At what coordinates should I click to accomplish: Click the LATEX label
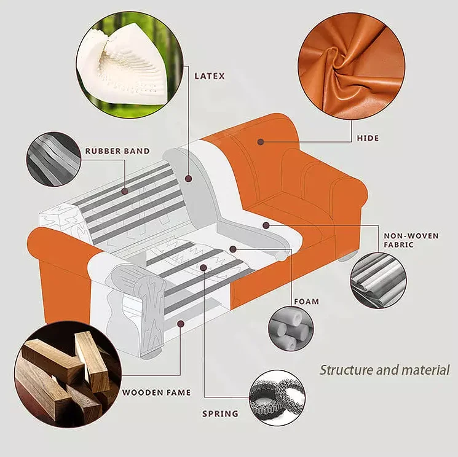210,76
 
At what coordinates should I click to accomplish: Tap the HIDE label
368,138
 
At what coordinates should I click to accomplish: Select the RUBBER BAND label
117,150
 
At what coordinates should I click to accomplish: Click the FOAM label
306,301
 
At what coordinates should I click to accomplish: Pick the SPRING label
220,413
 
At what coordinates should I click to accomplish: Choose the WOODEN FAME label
156,392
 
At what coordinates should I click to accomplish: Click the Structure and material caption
384,370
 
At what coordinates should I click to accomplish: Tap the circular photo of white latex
130,66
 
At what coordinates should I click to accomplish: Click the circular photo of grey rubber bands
53,158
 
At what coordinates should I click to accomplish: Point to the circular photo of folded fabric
379,280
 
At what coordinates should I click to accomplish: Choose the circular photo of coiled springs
278,396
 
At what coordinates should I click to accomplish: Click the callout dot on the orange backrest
261,141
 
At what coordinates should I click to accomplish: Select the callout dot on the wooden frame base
180,322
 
